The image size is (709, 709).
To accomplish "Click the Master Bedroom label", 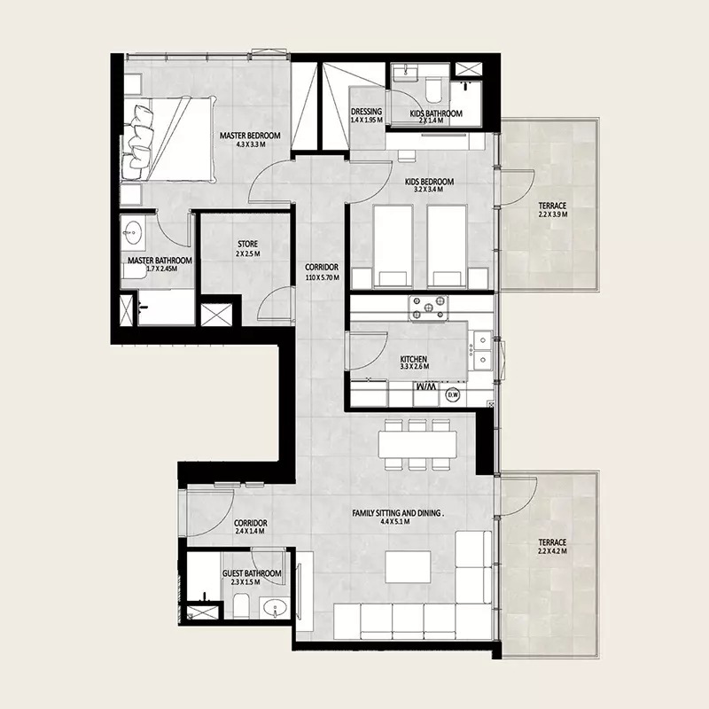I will tap(250, 135).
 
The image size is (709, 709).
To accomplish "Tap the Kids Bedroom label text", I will tap(429, 183).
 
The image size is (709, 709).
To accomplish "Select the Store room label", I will tap(246, 244).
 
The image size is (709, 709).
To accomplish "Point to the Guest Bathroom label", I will tap(252, 574).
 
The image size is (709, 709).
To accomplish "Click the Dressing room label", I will tap(366, 113).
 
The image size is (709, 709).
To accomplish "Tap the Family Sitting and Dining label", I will tap(397, 512).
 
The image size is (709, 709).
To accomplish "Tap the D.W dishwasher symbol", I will tap(452, 394).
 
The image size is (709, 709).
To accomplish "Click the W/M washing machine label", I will tap(426, 389).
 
